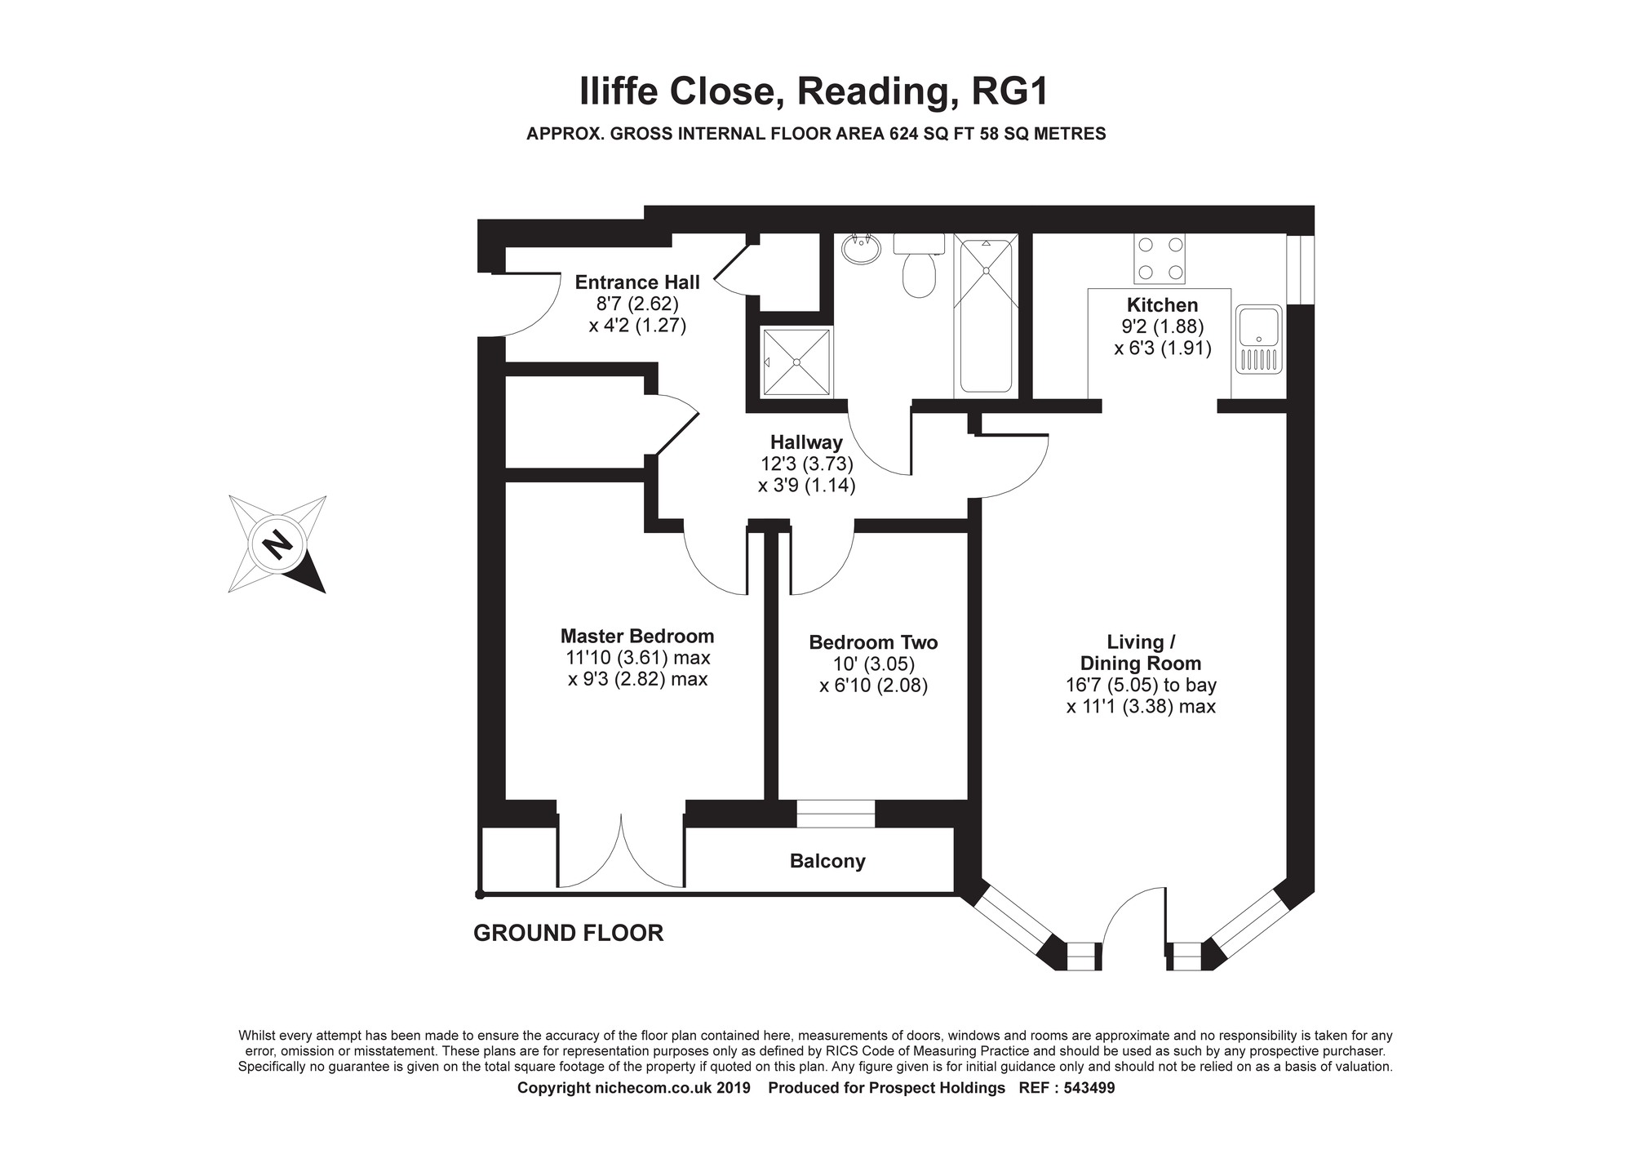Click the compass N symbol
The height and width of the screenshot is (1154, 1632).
pyautogui.click(x=277, y=544)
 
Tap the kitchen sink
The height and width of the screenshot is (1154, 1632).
pyautogui.click(x=1259, y=339)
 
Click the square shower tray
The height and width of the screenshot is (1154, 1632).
pyautogui.click(x=796, y=362)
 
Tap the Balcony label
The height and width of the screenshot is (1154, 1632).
pyautogui.click(x=827, y=861)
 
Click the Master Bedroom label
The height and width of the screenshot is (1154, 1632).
pyautogui.click(x=636, y=636)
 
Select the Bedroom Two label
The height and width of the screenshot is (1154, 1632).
pyautogui.click(x=873, y=642)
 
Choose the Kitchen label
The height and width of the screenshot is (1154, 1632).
pyautogui.click(x=1162, y=305)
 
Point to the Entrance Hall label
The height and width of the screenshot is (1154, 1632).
pyautogui.click(x=636, y=282)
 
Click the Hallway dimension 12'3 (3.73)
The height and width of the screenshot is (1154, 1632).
pyautogui.click(x=805, y=464)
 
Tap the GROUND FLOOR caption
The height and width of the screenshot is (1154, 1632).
pyautogui.click(x=568, y=933)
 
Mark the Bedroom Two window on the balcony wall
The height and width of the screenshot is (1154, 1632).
pyautogui.click(x=835, y=814)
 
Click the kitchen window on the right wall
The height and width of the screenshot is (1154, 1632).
pyautogui.click(x=1300, y=269)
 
